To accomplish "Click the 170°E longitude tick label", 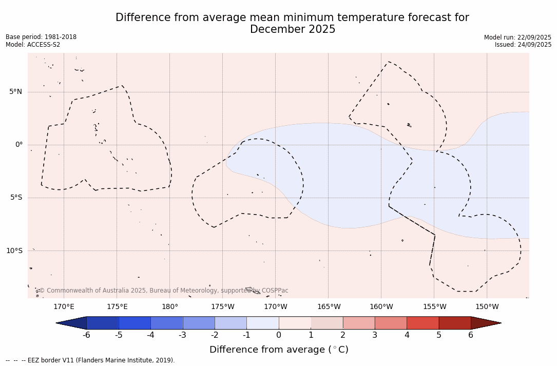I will (64, 307).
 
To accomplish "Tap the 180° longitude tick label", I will (170, 307).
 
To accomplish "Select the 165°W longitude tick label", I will (329, 307).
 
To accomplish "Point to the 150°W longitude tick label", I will (487, 307).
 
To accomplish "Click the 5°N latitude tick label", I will (15, 92).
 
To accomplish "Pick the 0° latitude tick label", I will (19, 145).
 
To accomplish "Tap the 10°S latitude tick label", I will (14, 251).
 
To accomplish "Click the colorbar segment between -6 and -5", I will (103, 323).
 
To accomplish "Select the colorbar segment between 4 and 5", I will (422, 323).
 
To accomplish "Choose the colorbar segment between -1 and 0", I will (262, 323).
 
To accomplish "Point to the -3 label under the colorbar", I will (182, 335).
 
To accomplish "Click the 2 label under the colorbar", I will (343, 335).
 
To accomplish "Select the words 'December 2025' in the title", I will (293, 30).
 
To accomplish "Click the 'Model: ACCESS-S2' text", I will (33, 45).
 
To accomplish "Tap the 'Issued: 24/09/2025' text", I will (523, 45).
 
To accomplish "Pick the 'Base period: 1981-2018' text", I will (41, 37).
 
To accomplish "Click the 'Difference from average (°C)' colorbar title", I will (279, 350).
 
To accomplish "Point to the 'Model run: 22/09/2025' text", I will (517, 37).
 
